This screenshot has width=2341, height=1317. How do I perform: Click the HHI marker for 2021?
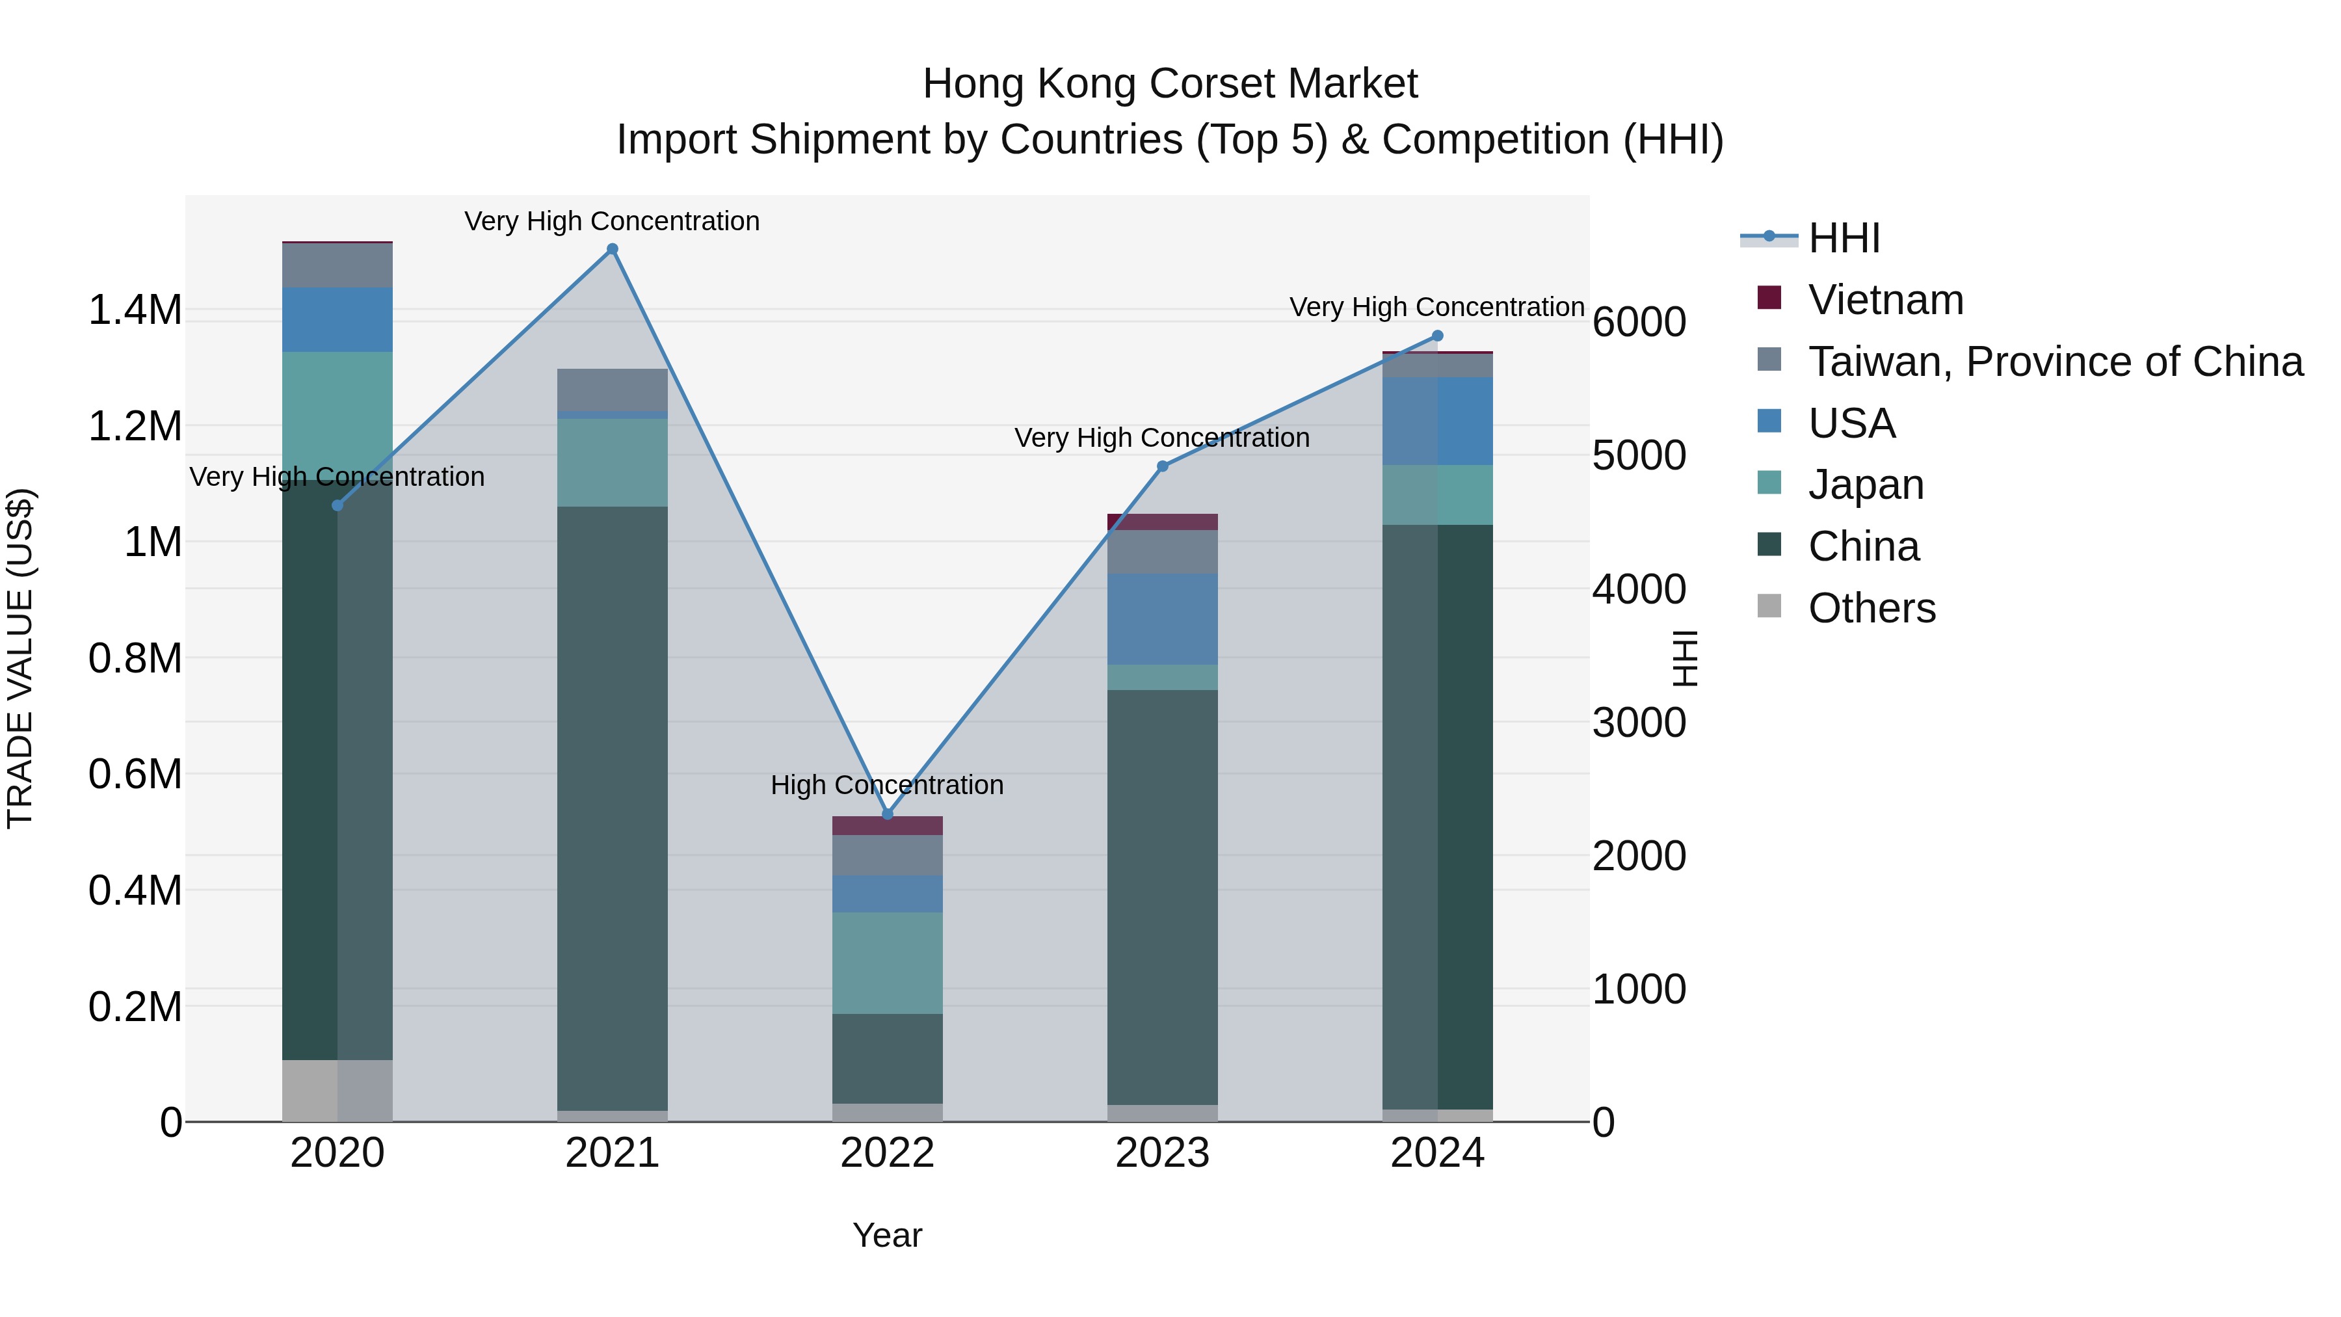click(612, 249)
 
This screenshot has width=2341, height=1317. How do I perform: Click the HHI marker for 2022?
click(888, 814)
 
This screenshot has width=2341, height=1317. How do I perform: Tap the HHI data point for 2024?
click(1436, 336)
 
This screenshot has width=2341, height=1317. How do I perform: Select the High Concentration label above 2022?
click(887, 784)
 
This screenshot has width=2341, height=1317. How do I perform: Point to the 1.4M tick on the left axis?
click(135, 310)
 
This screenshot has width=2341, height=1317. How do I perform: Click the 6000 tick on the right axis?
click(1639, 322)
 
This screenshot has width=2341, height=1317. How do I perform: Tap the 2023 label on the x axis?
click(1162, 1153)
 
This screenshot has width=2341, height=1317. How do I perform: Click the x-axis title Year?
click(887, 1235)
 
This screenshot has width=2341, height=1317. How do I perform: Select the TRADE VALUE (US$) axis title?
click(20, 658)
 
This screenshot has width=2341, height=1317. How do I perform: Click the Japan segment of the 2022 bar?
click(887, 963)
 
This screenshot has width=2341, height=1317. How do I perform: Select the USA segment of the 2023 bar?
click(1162, 619)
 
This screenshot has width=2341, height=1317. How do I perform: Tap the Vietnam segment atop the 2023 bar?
click(1162, 522)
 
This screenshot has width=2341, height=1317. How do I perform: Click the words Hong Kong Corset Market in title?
click(1170, 84)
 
